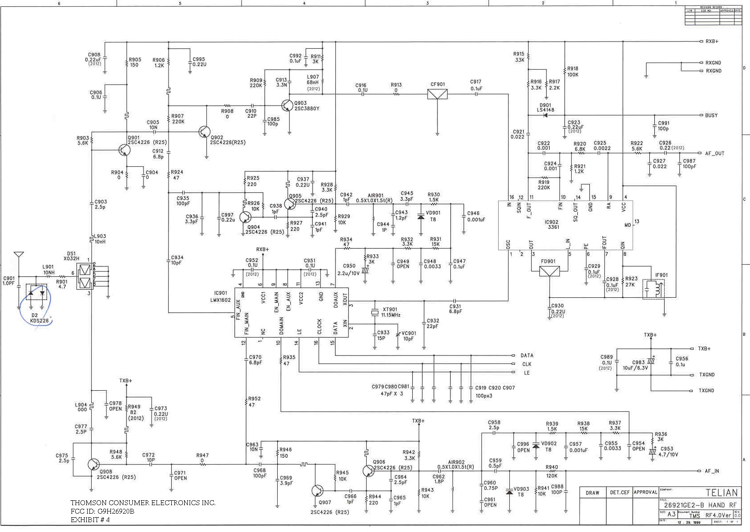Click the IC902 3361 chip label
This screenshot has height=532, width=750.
click(x=551, y=224)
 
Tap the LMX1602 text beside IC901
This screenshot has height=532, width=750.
click(x=220, y=300)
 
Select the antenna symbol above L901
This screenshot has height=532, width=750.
click(x=18, y=256)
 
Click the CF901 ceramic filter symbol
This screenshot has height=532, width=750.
click(x=437, y=94)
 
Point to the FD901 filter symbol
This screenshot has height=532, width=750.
click(x=549, y=271)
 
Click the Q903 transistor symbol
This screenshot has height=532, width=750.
click(x=287, y=106)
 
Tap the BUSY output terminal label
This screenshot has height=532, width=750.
click(x=711, y=115)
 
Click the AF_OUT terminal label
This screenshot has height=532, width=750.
click(x=714, y=153)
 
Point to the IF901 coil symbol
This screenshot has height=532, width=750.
click(x=653, y=289)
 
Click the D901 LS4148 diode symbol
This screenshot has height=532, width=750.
click(x=545, y=115)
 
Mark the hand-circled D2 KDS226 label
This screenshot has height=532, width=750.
click(x=39, y=318)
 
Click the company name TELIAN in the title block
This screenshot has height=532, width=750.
click(x=721, y=493)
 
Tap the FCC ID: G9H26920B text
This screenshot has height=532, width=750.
click(x=102, y=511)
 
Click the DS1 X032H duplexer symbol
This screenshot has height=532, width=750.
click(x=85, y=276)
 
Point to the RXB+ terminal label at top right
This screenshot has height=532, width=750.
click(x=712, y=42)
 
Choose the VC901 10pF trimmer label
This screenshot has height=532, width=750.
click(x=408, y=336)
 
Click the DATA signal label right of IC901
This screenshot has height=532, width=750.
click(x=527, y=355)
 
